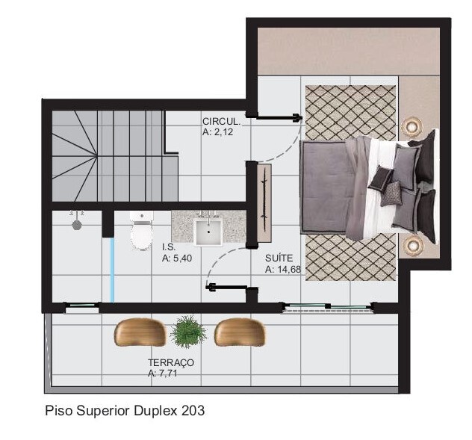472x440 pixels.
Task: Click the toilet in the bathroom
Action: click(x=141, y=230)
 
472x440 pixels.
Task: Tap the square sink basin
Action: click(x=208, y=232)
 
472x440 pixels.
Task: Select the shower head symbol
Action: click(x=78, y=224)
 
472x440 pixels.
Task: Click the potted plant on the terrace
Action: click(x=189, y=332)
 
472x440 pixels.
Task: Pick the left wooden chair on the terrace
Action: click(x=140, y=332)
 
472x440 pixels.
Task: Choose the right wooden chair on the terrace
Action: click(x=240, y=332)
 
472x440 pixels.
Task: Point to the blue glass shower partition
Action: click(x=112, y=270)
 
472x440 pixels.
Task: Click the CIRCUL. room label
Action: click(x=221, y=122)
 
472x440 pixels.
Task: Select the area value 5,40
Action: click(x=181, y=258)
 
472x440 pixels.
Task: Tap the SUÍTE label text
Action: click(x=279, y=258)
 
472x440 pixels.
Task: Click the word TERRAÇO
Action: click(x=171, y=362)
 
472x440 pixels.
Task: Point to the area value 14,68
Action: click(x=288, y=270)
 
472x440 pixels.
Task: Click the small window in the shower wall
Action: click(x=82, y=308)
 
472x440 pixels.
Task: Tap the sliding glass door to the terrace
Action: click(x=328, y=308)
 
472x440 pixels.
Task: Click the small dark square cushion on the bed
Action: click(x=382, y=178)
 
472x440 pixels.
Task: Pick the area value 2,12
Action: click(x=223, y=132)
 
